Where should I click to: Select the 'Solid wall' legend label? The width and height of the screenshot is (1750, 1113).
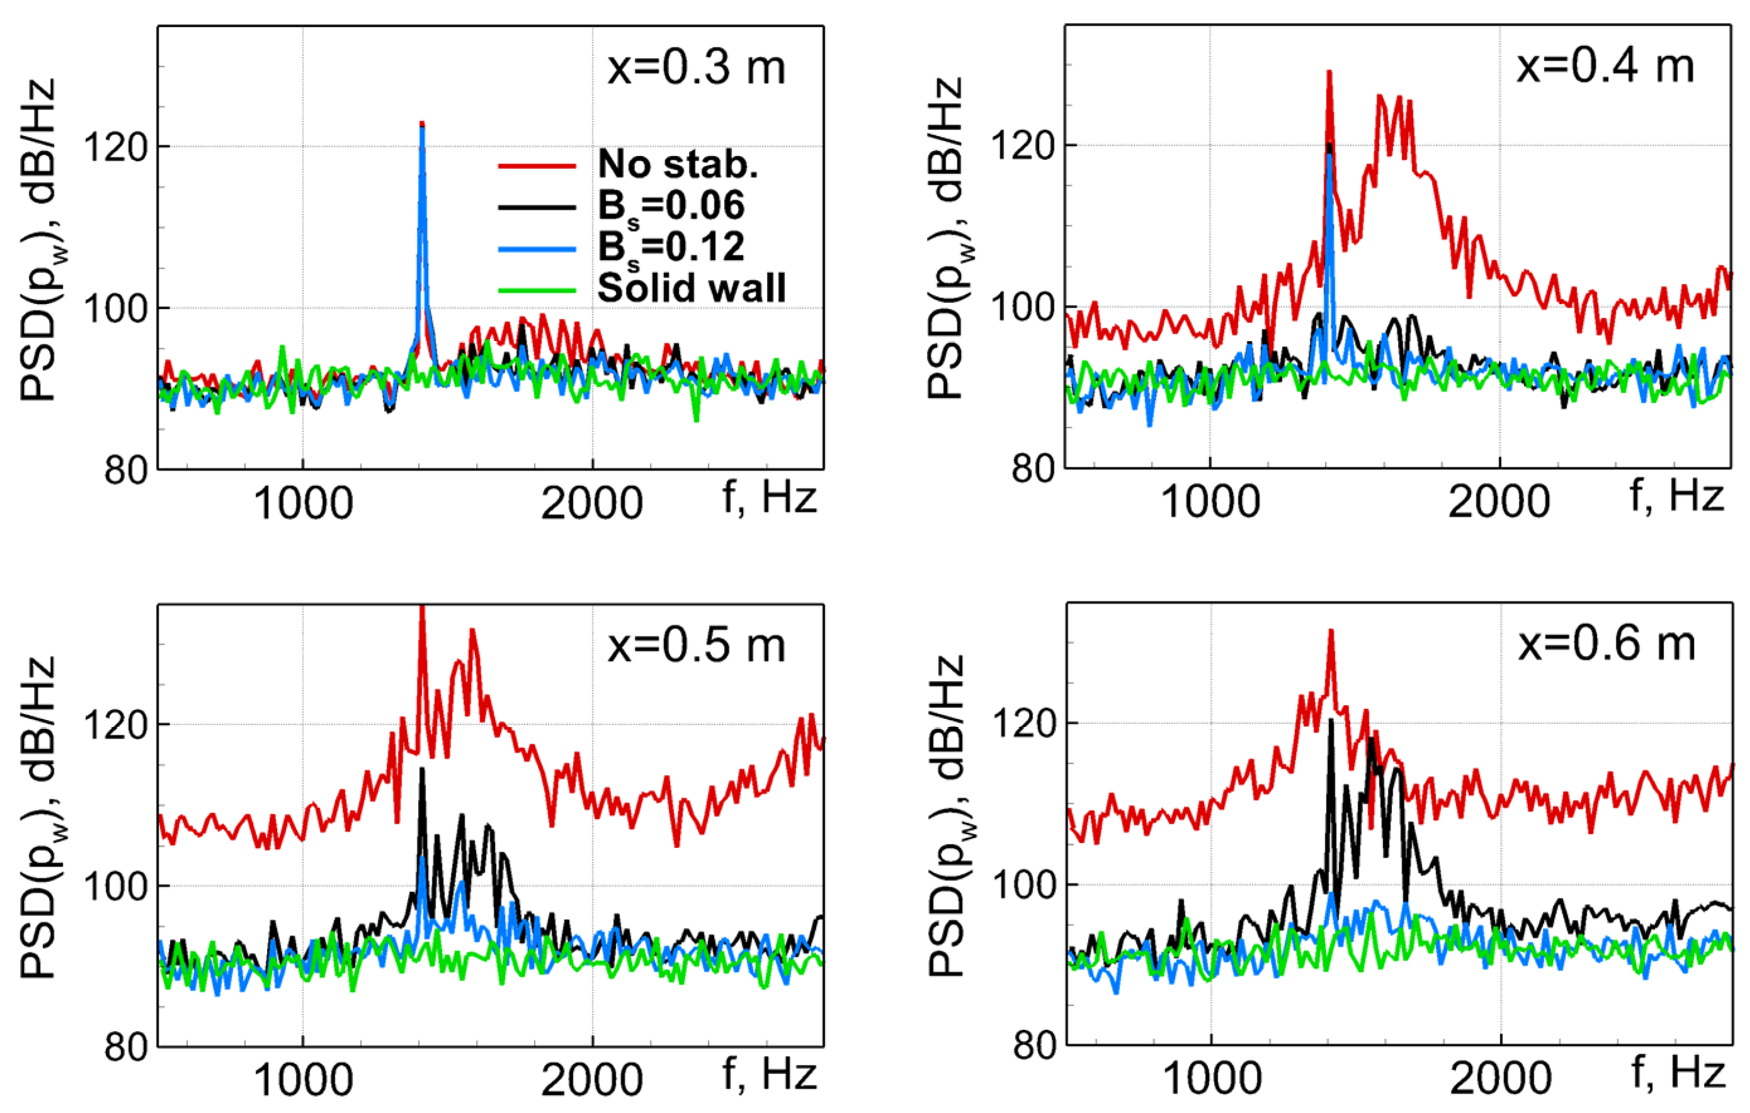[691, 288]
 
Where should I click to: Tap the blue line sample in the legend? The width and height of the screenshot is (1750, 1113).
[537, 249]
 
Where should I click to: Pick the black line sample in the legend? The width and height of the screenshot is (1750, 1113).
[537, 208]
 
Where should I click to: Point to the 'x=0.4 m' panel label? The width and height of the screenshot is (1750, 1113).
[1605, 67]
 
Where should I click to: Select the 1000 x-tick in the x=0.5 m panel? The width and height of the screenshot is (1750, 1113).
[303, 1080]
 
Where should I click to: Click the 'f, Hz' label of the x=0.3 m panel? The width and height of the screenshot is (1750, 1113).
[769, 498]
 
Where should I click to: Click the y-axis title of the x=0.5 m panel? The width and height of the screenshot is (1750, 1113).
[38, 818]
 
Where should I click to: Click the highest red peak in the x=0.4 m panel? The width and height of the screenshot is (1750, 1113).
[1329, 72]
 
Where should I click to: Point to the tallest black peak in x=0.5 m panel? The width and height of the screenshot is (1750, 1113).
[421, 769]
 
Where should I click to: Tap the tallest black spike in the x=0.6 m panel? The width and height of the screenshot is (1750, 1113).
[1331, 720]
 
